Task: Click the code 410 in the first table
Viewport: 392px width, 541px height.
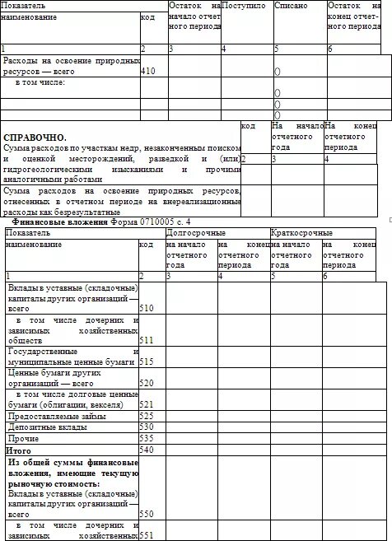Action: (148, 72)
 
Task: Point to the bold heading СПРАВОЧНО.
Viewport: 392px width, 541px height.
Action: (35, 137)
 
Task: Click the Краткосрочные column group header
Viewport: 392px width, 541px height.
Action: (301, 233)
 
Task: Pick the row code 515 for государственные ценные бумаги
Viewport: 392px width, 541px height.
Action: (147, 361)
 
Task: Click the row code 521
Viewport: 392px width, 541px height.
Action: (147, 404)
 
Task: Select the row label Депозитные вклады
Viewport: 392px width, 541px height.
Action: (40, 427)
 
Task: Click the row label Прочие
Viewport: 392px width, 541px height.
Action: (22, 438)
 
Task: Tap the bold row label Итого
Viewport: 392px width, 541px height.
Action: (18, 450)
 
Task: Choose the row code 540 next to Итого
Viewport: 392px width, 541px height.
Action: (147, 450)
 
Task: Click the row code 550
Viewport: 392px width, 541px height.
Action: (147, 513)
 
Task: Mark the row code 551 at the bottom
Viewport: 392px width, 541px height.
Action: (147, 534)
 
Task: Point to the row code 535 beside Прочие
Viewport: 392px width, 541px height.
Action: (147, 438)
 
